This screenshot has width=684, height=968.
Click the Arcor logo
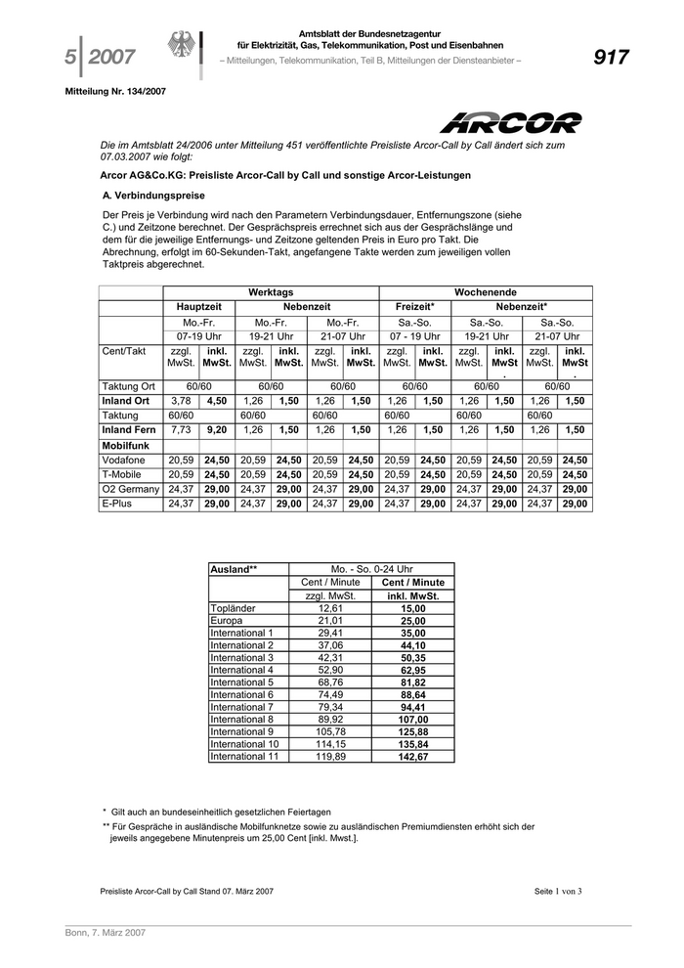pyautogui.click(x=509, y=123)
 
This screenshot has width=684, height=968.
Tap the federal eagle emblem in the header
pyautogui.click(x=182, y=50)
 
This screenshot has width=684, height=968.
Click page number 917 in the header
pyautogui.click(x=611, y=58)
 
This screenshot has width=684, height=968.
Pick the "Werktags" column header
pyautogui.click(x=271, y=292)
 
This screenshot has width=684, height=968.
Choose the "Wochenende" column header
pyautogui.click(x=486, y=292)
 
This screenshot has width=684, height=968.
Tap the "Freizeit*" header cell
pyautogui.click(x=414, y=307)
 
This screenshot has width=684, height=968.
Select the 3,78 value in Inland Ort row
pyautogui.click(x=181, y=401)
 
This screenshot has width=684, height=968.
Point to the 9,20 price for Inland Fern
pyautogui.click(x=216, y=429)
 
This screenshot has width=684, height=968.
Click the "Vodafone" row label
pyautogui.click(x=124, y=460)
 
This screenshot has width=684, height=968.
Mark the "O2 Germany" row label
pyautogui.click(x=129, y=489)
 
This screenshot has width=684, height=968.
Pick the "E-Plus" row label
pyautogui.click(x=118, y=504)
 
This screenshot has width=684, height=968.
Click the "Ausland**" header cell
pyautogui.click(x=234, y=569)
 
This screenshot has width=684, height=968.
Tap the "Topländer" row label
pyautogui.click(x=234, y=608)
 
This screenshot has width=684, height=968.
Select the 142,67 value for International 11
pyautogui.click(x=413, y=756)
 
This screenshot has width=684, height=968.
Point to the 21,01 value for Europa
pyautogui.click(x=331, y=621)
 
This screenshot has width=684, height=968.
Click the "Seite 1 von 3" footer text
pyautogui.click(x=558, y=892)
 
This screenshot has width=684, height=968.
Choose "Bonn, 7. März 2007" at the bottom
pyautogui.click(x=106, y=934)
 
